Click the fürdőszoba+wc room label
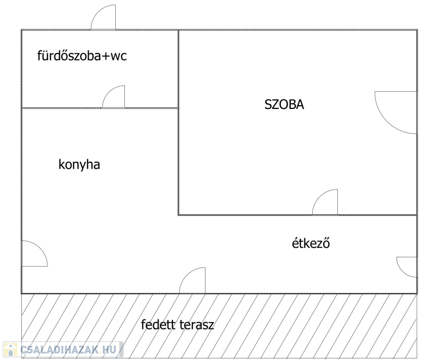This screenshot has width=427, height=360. (82, 56)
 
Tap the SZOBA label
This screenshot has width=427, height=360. (284, 104)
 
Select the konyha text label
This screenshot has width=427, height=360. (79, 165)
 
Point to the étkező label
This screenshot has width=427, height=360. (311, 243)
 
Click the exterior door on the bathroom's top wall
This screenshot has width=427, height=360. (103, 17)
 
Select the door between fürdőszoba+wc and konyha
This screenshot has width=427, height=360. (114, 97)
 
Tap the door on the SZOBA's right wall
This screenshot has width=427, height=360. (396, 113)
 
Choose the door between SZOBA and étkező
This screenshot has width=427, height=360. (325, 202)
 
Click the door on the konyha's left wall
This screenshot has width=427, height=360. (35, 254)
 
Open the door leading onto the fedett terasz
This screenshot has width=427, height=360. (192, 280)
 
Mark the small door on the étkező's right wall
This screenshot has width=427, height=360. (407, 267)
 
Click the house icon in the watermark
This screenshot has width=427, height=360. (10, 349)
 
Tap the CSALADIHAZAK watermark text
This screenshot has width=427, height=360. (59, 349)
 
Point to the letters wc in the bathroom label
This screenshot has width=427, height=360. (118, 56)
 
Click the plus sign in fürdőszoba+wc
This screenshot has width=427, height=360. (106, 57)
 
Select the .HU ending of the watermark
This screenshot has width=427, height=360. (108, 349)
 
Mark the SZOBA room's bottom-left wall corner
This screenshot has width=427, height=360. (179, 215)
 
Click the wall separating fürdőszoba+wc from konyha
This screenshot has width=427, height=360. (100, 108)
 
